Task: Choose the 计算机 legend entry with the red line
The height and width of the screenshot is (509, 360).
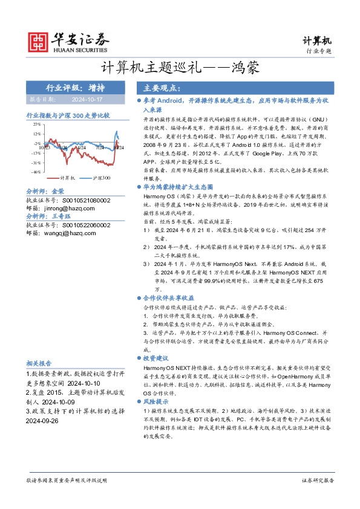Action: coord(66,178)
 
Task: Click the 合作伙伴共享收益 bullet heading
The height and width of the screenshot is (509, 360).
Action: coord(168,298)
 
